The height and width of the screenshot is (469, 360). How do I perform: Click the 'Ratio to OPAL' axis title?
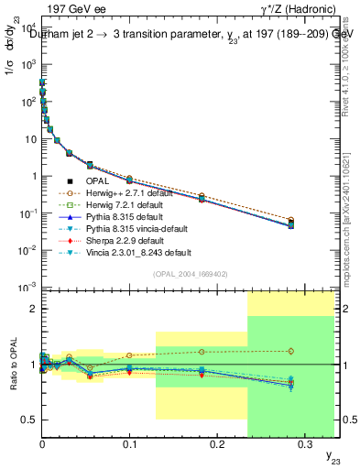(12, 365)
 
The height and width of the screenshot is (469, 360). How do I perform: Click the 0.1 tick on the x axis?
(129, 442)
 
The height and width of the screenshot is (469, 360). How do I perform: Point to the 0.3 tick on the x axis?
(304, 442)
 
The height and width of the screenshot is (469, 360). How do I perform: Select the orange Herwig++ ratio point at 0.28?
(291, 351)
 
